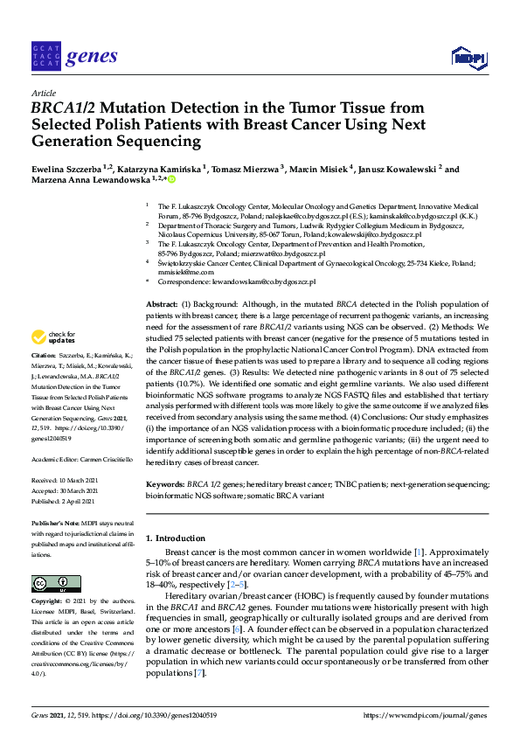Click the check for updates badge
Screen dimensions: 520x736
pyautogui.click(x=52, y=337)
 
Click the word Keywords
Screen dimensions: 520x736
pyautogui.click(x=164, y=483)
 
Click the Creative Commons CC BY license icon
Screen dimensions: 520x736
pyautogui.click(x=50, y=583)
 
